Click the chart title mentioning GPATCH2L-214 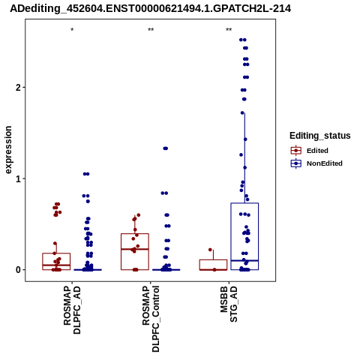point(150,9)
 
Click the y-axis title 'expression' point(8,150)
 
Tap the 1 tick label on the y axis point(18,178)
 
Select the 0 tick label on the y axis point(18,270)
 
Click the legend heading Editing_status point(319,136)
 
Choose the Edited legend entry point(317,151)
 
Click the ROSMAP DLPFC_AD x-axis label point(72,310)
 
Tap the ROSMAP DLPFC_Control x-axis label point(151,319)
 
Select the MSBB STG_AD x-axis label point(229,304)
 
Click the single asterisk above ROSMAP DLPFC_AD point(72,30)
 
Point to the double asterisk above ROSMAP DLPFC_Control point(151,30)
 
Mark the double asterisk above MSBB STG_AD point(229,30)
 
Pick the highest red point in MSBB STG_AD point(210,250)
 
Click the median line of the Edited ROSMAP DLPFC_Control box point(135,249)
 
